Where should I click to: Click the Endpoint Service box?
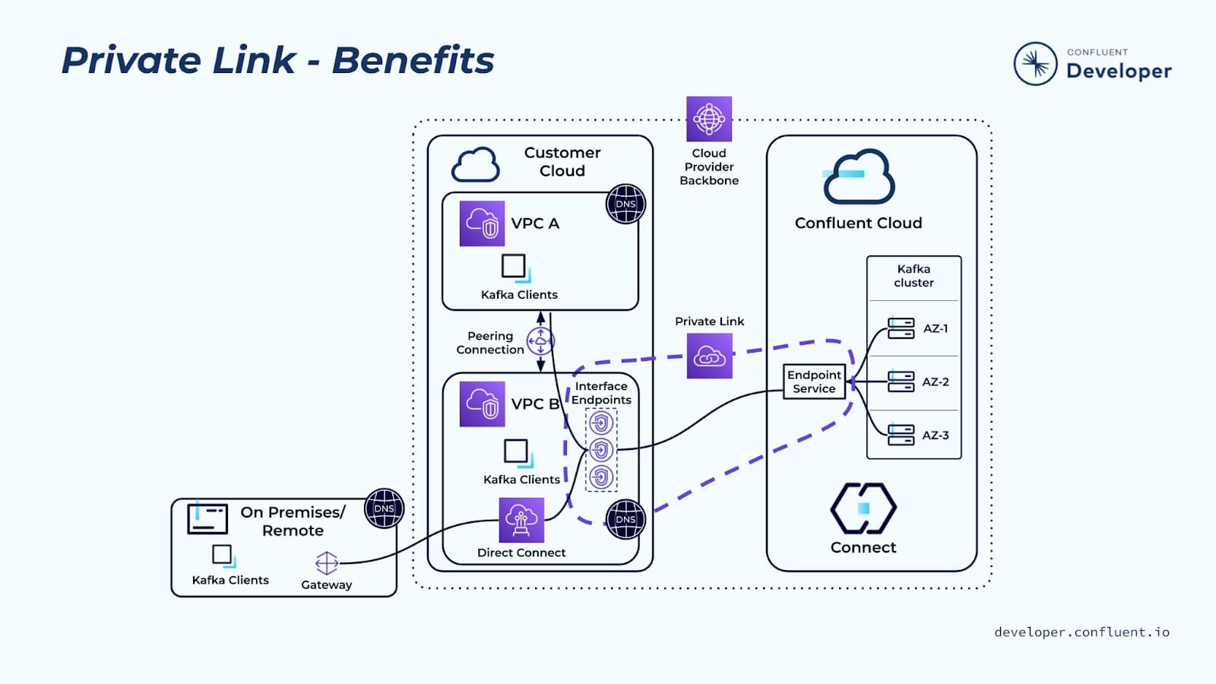tap(814, 382)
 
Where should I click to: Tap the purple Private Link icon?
tap(709, 356)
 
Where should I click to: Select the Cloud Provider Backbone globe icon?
tap(709, 119)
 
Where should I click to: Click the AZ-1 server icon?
tap(901, 328)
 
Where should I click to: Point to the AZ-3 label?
tap(935, 435)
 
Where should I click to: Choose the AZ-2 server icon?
tap(901, 382)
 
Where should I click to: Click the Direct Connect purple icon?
tap(521, 520)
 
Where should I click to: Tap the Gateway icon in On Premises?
tap(326, 563)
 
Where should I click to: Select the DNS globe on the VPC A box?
tap(625, 204)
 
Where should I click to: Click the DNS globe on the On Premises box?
tap(385, 508)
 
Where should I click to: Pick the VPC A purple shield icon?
tap(482, 223)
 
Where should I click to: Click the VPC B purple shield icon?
tap(482, 404)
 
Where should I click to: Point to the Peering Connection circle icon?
tap(540, 342)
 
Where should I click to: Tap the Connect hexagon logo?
tap(863, 508)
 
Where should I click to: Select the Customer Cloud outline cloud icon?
tap(476, 164)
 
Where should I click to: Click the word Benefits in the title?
tap(413, 60)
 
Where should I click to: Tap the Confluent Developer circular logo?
tap(1035, 64)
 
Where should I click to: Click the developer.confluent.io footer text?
tap(1081, 632)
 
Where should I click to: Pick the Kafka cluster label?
tap(914, 276)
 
